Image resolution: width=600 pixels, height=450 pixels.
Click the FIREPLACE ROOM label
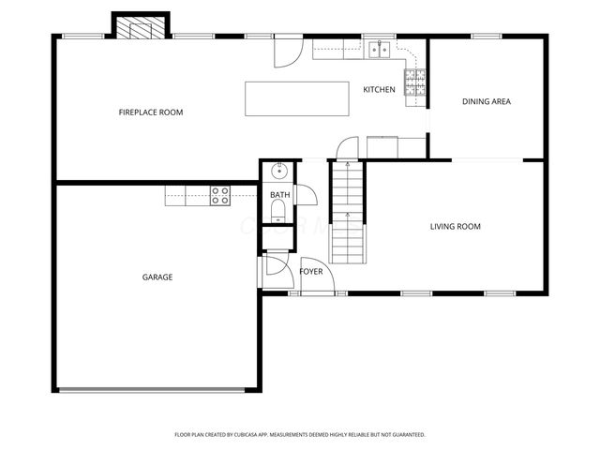click(150, 112)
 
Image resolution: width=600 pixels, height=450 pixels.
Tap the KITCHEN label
click(379, 89)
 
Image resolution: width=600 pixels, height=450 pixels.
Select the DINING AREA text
click(486, 101)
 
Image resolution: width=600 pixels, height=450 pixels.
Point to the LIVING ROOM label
click(455, 226)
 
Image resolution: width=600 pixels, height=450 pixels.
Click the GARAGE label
click(157, 277)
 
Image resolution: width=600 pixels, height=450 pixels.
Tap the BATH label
click(279, 195)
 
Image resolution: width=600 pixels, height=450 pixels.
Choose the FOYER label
click(310, 272)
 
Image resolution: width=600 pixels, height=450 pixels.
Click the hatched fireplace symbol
click(140, 28)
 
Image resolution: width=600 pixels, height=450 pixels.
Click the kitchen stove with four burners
click(412, 83)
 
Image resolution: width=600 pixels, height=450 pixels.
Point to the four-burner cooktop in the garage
click(220, 195)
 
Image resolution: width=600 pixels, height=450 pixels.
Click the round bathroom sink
click(278, 171)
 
